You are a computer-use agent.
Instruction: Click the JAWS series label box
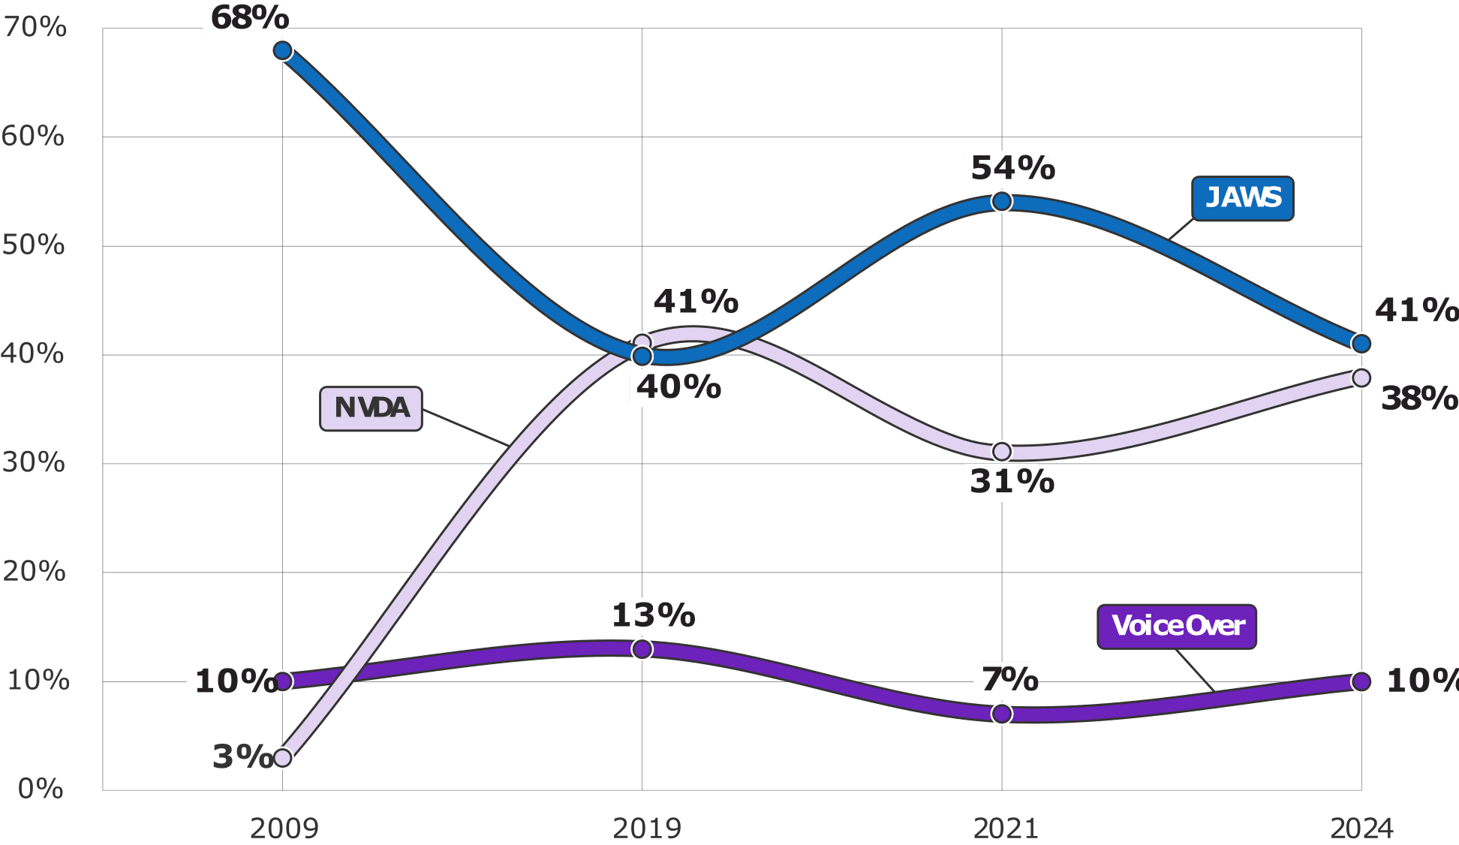coord(1243,199)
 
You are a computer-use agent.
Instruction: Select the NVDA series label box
coord(372,409)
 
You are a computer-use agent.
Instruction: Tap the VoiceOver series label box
coord(1177,627)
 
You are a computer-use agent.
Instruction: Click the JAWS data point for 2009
coord(282,51)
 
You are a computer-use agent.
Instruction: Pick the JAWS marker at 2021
coord(1001,201)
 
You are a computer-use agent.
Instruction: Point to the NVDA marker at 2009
coord(282,757)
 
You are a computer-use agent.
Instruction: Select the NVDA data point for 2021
coord(1001,451)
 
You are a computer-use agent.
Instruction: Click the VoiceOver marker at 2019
coord(642,649)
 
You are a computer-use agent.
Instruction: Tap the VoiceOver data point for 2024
coord(1361,681)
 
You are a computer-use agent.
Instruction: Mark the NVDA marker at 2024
coord(1361,377)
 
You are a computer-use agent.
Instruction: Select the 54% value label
coord(1011,169)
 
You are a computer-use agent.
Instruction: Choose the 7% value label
coord(1009,680)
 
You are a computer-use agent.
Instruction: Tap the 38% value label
coord(1417,398)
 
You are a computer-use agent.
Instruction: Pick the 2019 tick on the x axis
coord(646,828)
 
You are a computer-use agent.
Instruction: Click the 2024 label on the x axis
coord(1361,828)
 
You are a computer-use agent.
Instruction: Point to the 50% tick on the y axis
coord(34,245)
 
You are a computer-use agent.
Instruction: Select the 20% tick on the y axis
coord(34,572)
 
